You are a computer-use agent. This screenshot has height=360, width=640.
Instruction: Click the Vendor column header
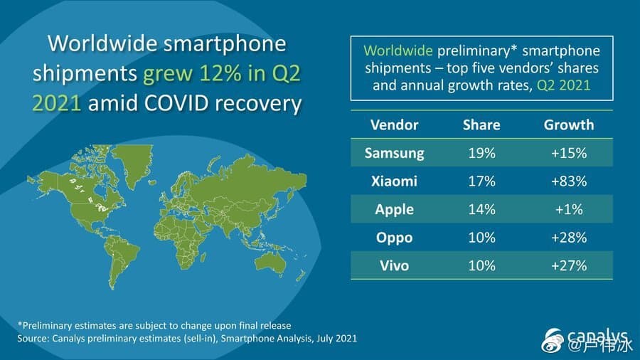click(x=394, y=125)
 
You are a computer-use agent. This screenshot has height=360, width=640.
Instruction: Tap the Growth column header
click(x=568, y=125)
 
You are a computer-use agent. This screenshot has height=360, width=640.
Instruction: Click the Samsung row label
click(x=394, y=152)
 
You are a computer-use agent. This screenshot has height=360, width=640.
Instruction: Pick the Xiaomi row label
click(x=394, y=181)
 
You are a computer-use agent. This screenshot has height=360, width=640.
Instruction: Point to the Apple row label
click(x=394, y=209)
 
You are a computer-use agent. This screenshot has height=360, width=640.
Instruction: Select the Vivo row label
click(x=394, y=265)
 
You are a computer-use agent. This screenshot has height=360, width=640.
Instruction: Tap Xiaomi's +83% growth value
click(x=568, y=181)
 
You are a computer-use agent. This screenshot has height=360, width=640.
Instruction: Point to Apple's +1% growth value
click(x=568, y=209)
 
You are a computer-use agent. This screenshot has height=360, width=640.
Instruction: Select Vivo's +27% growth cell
click(x=568, y=265)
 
